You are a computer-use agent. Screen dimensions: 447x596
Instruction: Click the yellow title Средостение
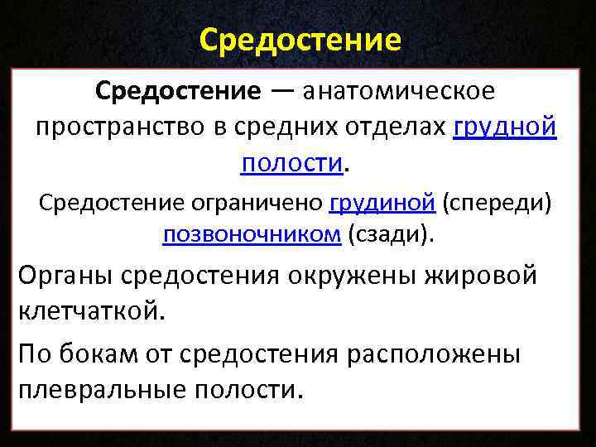(300, 39)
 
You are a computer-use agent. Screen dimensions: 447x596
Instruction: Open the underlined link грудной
(505, 127)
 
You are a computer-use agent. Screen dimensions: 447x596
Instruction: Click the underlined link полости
(291, 163)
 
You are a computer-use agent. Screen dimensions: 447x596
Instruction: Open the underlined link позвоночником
(252, 235)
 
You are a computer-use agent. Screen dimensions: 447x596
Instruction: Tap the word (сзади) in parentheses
(390, 235)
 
